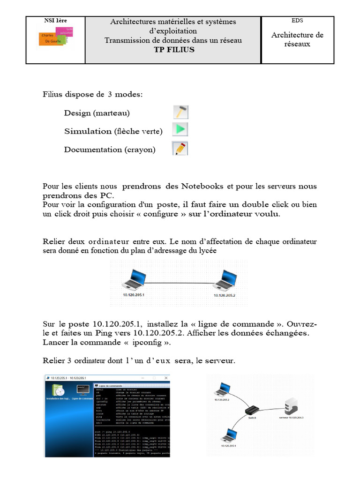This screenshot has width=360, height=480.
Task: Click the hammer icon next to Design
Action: pyautogui.click(x=180, y=112)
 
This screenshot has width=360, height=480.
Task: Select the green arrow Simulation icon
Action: pyautogui.click(x=180, y=130)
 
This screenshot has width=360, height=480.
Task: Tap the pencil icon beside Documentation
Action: pyautogui.click(x=180, y=149)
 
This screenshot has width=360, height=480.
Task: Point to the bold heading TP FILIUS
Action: pyautogui.click(x=173, y=50)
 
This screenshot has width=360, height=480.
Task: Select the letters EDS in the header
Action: pyautogui.click(x=298, y=20)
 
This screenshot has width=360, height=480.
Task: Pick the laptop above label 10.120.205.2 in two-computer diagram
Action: pyautogui.click(x=225, y=281)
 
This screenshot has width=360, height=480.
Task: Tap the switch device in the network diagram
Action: pyautogui.click(x=253, y=410)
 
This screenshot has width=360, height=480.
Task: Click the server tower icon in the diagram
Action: pyautogui.click(x=291, y=405)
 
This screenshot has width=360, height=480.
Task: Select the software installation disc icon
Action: pyautogui.click(x=58, y=390)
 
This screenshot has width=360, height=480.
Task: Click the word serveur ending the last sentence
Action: pyautogui.click(x=219, y=361)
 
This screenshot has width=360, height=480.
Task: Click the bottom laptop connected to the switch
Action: pyautogui.click(x=228, y=435)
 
